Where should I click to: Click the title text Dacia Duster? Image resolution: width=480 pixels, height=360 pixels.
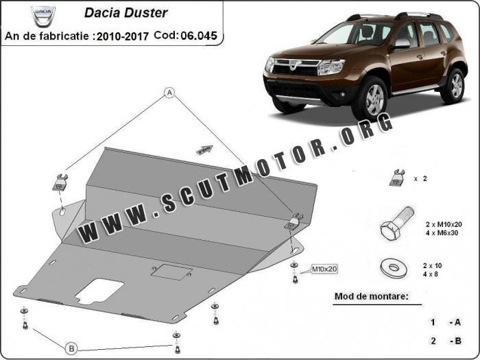[125, 13]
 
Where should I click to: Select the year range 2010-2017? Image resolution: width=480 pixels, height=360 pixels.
[123, 36]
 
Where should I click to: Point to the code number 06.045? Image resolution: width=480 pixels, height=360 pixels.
[199, 36]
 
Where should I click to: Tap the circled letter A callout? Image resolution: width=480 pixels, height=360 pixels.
[169, 93]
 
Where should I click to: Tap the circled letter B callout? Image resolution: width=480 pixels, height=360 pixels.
[71, 348]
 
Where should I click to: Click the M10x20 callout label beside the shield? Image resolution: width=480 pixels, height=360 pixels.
[324, 269]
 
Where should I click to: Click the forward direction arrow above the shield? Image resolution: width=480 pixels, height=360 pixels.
[204, 150]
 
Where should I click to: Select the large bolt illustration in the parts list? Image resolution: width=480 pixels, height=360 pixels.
[397, 223]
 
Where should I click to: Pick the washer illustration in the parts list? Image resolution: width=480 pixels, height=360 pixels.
[394, 267]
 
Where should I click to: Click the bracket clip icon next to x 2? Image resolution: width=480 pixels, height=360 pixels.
[397, 178]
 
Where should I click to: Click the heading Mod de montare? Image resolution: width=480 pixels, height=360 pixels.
[372, 296]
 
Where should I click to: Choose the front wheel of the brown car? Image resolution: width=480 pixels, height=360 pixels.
[370, 97]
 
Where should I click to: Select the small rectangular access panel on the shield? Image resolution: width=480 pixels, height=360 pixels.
[171, 272]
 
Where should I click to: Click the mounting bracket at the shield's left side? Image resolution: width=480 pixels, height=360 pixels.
[60, 182]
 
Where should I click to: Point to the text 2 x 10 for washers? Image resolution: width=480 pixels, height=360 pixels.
[433, 266]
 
